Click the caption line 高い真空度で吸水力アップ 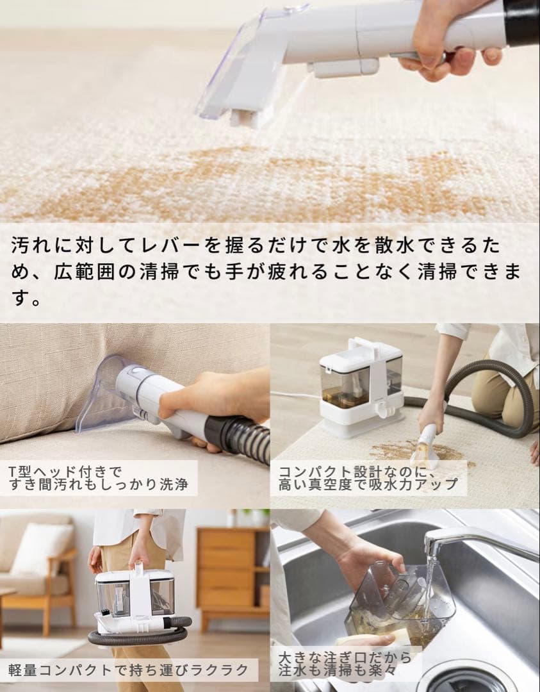(368, 485)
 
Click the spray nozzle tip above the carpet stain (244, 118)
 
